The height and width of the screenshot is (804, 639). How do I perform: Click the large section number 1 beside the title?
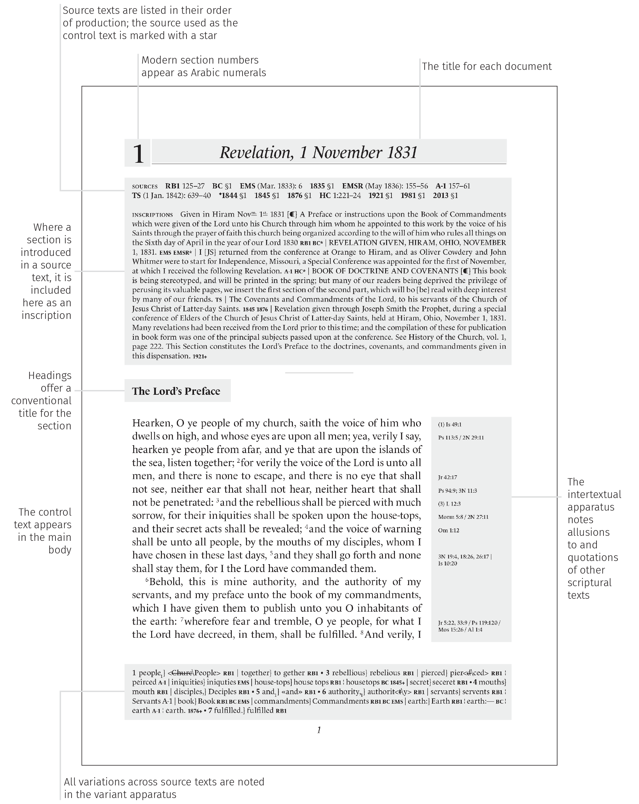click(138, 153)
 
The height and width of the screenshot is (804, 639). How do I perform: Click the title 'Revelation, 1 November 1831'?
click(318, 152)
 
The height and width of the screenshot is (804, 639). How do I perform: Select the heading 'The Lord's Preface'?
click(176, 391)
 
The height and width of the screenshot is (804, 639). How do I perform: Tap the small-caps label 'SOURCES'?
click(145, 186)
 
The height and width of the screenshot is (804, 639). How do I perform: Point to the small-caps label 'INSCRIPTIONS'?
click(152, 215)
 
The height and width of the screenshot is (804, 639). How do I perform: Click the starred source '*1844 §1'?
click(232, 195)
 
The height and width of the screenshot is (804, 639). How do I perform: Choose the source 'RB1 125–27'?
click(185, 186)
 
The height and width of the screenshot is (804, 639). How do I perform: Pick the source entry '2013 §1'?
click(445, 195)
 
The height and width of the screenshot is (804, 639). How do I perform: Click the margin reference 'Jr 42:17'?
click(447, 477)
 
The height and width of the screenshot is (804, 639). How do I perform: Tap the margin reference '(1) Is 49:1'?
click(449, 424)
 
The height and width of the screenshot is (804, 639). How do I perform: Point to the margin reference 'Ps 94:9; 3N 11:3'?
click(457, 490)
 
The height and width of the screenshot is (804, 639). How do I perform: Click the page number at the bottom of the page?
click(319, 730)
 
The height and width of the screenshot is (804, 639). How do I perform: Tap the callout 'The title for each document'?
click(487, 66)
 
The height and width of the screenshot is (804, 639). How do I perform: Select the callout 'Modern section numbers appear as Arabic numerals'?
click(203, 66)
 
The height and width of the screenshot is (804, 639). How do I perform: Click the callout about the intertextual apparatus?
click(594, 539)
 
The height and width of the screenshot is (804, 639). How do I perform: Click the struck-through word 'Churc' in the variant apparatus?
click(182, 673)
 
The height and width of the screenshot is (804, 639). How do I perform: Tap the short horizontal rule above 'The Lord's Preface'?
click(319, 372)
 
